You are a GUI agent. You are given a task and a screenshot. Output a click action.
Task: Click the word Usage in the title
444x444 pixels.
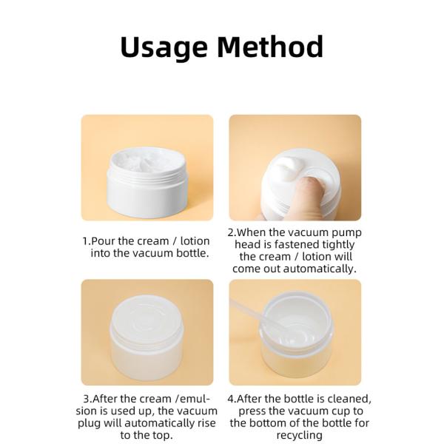click(x=164, y=47)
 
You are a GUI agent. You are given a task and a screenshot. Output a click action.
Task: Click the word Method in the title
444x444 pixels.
click(x=270, y=46)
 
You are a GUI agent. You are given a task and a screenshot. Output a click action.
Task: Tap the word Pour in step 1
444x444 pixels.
click(x=103, y=241)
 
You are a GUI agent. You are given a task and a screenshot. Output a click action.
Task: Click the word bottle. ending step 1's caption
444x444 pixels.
click(x=193, y=253)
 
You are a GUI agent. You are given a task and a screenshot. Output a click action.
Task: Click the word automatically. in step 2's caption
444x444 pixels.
click(x=320, y=269)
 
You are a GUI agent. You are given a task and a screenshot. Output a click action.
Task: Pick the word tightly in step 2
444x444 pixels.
click(x=339, y=245)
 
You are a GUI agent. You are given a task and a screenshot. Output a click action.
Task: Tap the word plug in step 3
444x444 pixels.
click(x=89, y=424)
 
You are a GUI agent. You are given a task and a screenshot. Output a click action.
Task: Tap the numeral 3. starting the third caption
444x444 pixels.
click(x=87, y=399)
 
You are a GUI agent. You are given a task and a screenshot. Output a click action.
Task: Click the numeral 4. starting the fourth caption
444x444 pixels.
click(x=232, y=399)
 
